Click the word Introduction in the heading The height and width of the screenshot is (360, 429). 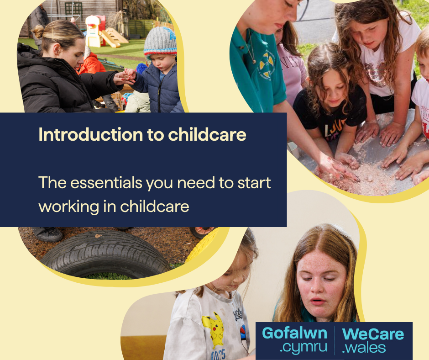(90, 134)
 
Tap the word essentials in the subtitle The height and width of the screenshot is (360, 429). (106, 182)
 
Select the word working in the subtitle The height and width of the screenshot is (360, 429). (68, 207)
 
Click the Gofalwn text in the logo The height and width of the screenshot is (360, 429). (294, 334)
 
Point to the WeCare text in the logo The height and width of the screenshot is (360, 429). (373, 334)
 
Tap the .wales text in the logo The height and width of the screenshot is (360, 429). (364, 348)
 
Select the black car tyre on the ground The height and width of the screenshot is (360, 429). (105, 254)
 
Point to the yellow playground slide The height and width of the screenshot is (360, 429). (110, 39)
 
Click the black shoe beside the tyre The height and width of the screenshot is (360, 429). (47, 234)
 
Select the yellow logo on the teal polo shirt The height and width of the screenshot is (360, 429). (267, 65)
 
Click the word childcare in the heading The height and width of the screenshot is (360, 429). (207, 134)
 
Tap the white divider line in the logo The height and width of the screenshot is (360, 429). (335, 340)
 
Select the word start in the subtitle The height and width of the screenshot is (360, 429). (254, 183)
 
